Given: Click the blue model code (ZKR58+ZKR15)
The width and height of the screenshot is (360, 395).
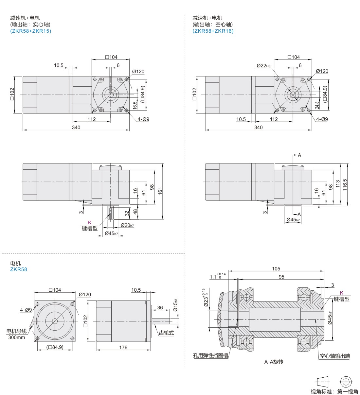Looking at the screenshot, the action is (30, 31).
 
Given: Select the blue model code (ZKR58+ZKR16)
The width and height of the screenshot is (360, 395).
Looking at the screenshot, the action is (213, 31).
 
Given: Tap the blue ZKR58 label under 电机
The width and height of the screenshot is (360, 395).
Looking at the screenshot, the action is (19, 269).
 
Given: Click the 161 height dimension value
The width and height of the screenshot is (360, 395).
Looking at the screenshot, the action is (160, 191).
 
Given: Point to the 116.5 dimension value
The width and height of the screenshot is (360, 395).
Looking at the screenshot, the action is (344, 185).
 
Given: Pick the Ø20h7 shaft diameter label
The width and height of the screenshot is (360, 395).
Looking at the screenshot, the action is (127, 225).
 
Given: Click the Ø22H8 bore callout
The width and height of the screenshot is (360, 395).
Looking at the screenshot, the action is (263, 66).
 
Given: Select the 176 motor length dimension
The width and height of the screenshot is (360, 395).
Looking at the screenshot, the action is (123, 347).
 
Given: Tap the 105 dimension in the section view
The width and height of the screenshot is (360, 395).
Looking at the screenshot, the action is (276, 268).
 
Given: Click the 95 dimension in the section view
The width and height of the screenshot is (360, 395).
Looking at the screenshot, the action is (281, 277).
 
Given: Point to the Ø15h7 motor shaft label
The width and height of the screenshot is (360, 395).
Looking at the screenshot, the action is (175, 305).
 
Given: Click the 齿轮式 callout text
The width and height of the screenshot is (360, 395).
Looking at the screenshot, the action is (166, 333).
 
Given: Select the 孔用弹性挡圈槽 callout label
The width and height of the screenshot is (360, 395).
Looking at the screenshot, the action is (210, 355).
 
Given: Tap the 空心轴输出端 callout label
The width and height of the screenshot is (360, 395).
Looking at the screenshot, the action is (335, 356).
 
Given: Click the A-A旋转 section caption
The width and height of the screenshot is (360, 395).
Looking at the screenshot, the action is (274, 362).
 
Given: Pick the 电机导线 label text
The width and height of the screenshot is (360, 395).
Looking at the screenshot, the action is (16, 331).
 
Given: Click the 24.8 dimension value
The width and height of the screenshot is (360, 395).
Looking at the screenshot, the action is (317, 105).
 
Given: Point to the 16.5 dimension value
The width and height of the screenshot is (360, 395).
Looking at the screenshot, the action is (135, 105).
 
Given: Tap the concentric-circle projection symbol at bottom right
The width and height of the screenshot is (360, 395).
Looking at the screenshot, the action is (346, 382).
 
